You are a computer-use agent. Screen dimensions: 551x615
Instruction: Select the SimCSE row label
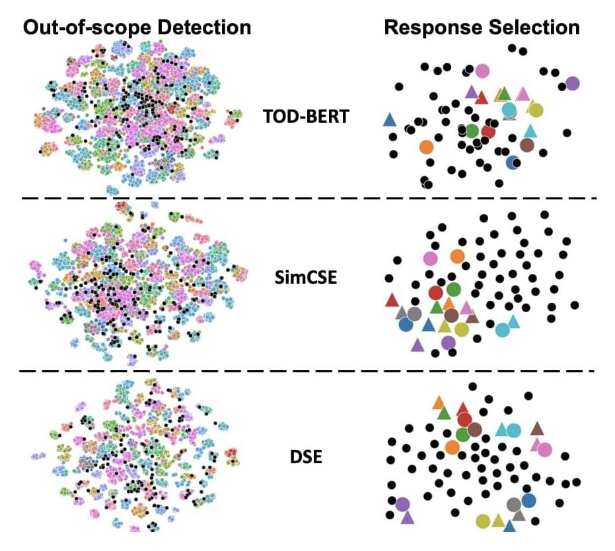pos(305,276)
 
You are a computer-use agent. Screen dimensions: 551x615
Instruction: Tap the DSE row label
pos(306,455)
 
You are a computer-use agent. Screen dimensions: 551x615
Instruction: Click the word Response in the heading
pos(427,27)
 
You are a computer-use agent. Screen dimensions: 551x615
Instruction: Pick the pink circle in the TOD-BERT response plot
pos(482,71)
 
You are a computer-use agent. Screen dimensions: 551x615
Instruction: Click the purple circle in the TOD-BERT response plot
pos(572,83)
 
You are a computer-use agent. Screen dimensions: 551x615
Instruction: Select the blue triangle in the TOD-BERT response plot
pos(390,120)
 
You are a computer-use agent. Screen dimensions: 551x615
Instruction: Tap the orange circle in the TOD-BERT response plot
pos(426,146)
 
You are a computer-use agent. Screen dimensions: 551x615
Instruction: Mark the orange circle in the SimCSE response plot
pos(457,255)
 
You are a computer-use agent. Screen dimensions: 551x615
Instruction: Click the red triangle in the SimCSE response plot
pos(392,300)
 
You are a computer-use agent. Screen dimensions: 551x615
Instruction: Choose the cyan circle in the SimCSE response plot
pos(502,329)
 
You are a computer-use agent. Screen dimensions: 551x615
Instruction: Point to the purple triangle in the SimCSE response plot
pos(417,344)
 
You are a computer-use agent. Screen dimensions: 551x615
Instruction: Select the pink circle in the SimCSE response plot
pos(431,259)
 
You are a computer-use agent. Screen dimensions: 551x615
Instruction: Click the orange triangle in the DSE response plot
pos(438,403)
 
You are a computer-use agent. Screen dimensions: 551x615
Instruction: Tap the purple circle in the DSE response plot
pos(402,504)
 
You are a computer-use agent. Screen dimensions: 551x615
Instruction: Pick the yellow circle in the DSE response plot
pos(483,521)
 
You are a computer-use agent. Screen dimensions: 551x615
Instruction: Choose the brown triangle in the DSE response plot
pos(536,428)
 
